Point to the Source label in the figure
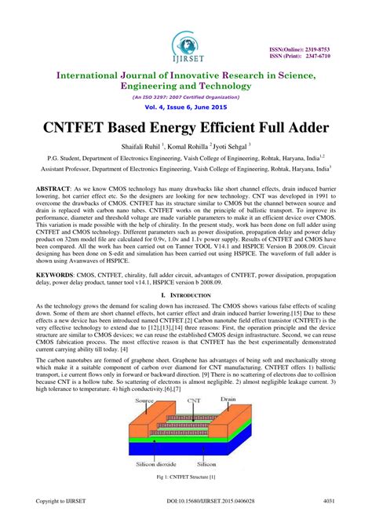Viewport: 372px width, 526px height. pos(144,399)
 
